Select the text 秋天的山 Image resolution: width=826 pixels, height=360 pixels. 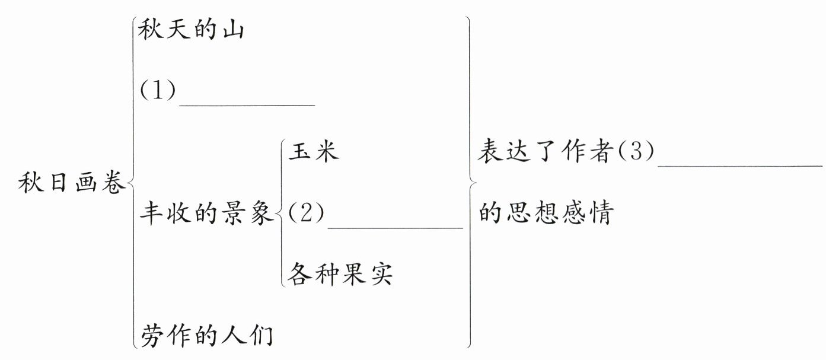191,31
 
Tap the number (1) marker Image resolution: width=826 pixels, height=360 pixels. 158,92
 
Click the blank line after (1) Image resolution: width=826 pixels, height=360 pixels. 247,104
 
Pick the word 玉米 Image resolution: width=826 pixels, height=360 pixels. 314,152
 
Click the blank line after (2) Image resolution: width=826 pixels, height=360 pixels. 395,226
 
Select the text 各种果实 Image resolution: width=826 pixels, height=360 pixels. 340,274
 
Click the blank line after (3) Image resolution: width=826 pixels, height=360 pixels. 740,165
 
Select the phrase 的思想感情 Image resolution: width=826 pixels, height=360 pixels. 545,213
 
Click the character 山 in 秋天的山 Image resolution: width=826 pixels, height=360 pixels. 232,31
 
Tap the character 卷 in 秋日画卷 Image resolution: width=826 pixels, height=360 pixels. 113,184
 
